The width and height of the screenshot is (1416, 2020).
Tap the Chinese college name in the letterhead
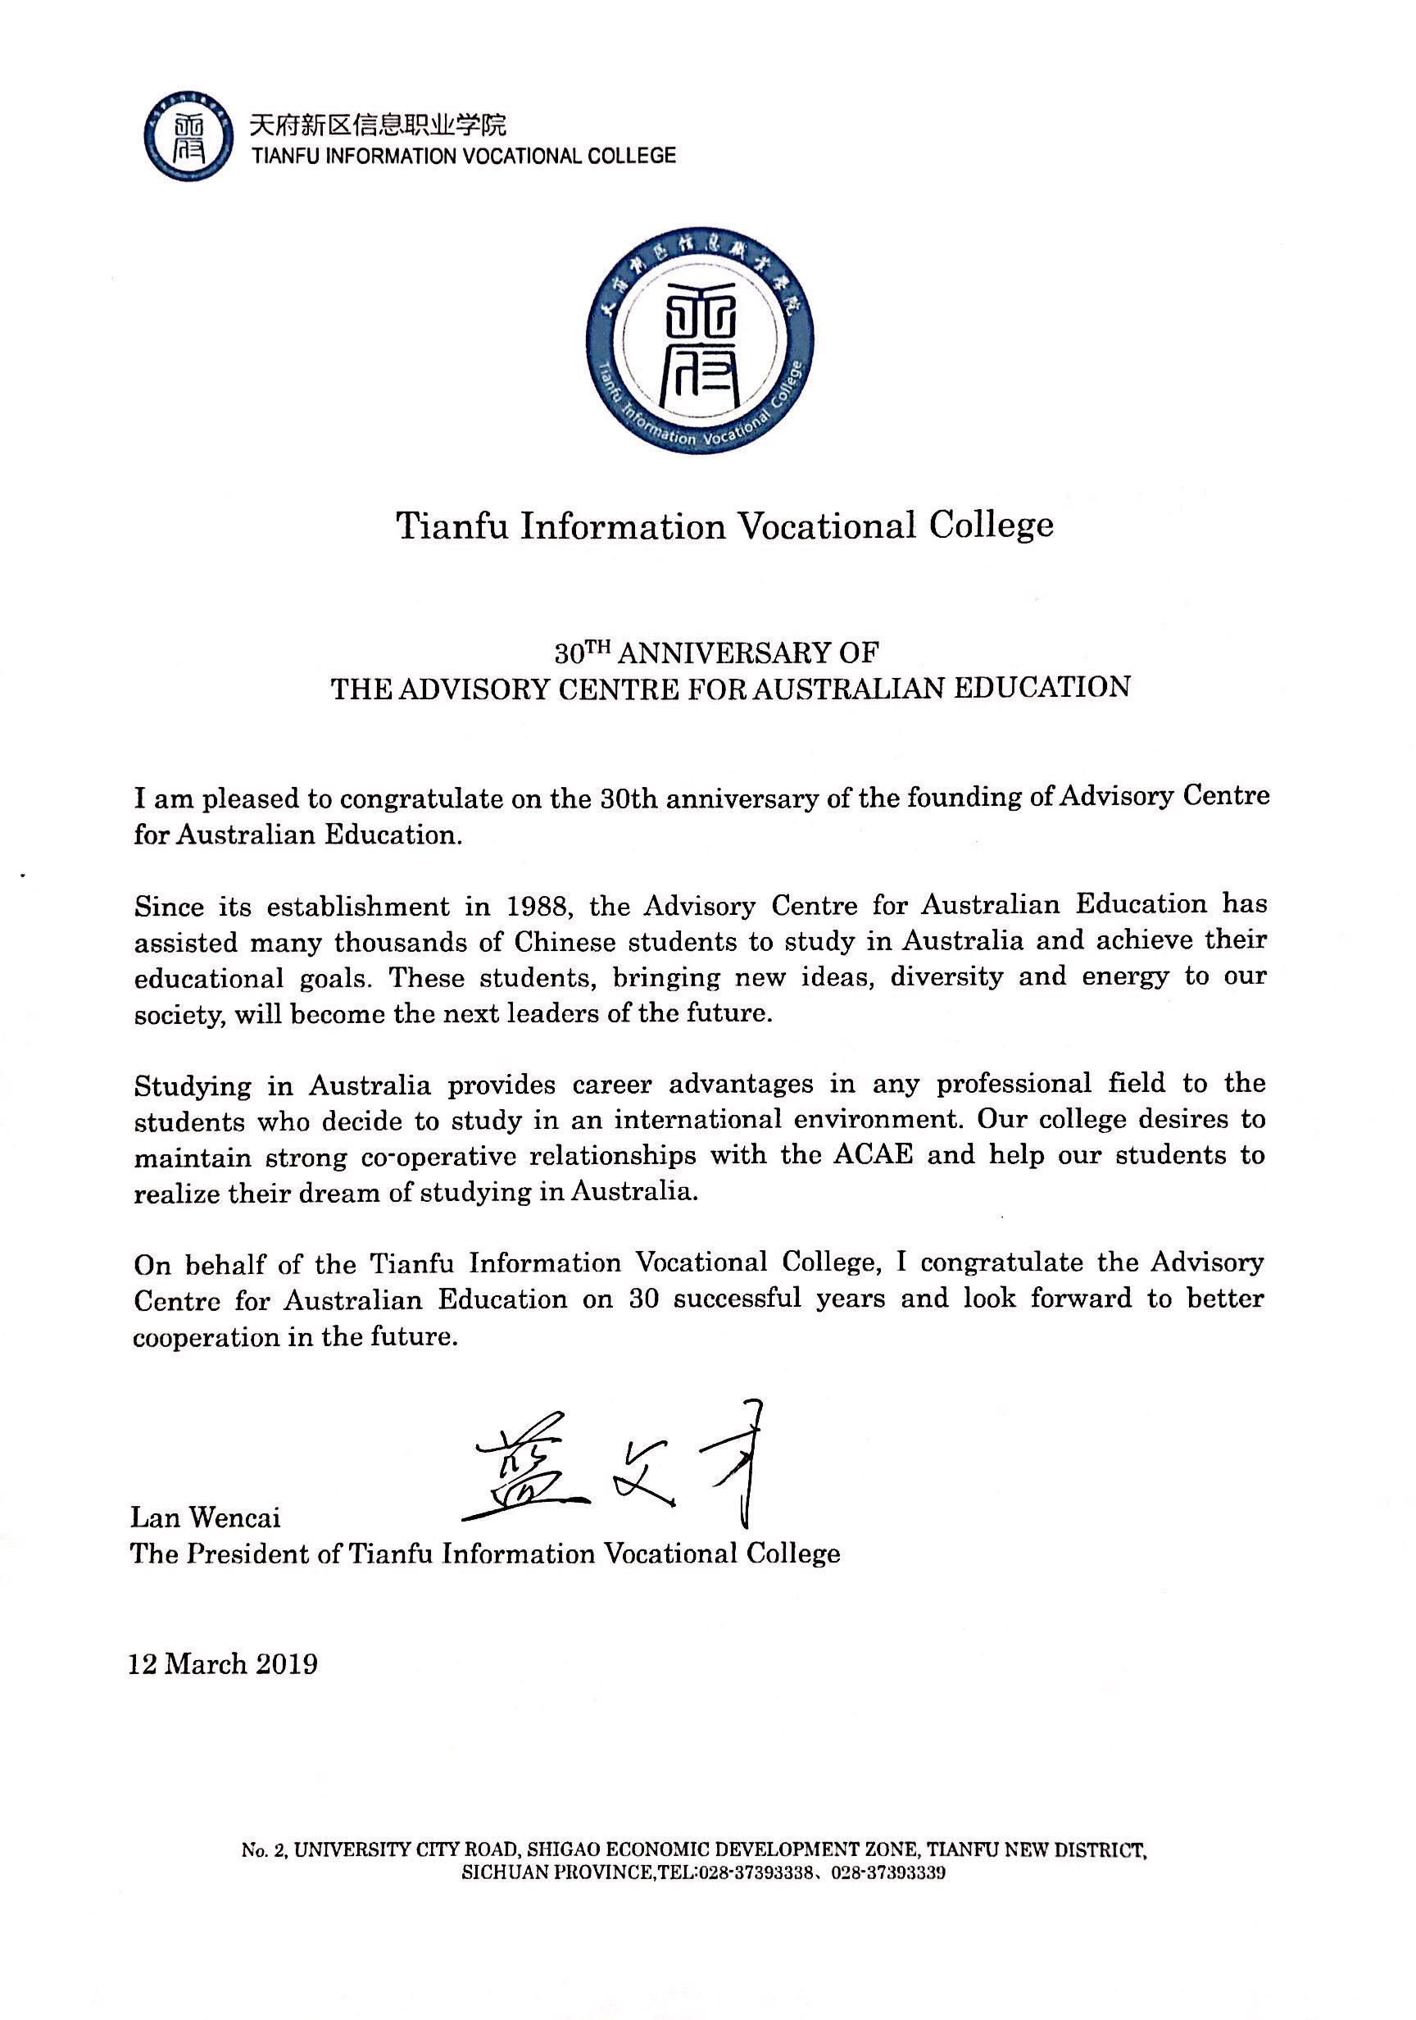(379, 125)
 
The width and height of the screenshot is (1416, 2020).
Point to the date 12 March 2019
(224, 1664)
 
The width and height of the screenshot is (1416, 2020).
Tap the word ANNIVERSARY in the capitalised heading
(723, 653)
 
